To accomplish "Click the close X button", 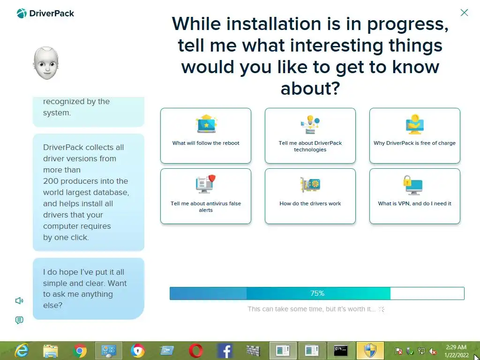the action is [464, 13].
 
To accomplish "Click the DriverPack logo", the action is [45, 14].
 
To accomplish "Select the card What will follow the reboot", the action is [206, 135].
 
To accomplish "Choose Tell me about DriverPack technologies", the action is [310, 135].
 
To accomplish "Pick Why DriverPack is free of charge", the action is [414, 135].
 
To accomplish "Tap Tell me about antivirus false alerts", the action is [206, 196].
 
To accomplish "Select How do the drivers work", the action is [310, 196].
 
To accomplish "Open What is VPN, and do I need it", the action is [414, 196].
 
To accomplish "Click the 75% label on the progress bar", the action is [317, 293].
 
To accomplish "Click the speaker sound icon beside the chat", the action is [19, 300].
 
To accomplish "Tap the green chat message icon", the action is [19, 320].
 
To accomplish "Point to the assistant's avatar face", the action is [46, 63].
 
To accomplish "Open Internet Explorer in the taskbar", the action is [22, 351].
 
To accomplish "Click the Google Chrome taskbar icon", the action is [80, 351].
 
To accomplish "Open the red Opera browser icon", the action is [195, 351].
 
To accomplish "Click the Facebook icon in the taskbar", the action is [225, 351].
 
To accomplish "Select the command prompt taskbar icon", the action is [341, 351].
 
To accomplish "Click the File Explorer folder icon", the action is [51, 351].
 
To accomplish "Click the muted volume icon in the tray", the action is [433, 351].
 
